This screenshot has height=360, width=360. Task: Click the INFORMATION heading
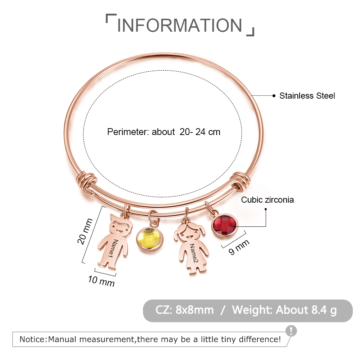(180, 25)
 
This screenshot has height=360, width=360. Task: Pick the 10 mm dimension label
(101, 280)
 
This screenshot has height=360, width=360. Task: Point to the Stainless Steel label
(307, 96)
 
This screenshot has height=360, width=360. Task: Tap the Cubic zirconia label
(267, 200)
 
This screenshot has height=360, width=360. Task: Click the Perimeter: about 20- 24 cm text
(164, 132)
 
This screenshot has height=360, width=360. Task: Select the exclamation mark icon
(291, 330)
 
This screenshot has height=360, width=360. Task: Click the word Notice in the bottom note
(32, 339)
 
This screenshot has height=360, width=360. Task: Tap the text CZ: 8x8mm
(185, 310)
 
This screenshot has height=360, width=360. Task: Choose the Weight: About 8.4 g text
(284, 310)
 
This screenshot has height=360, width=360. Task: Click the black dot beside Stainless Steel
(274, 96)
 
